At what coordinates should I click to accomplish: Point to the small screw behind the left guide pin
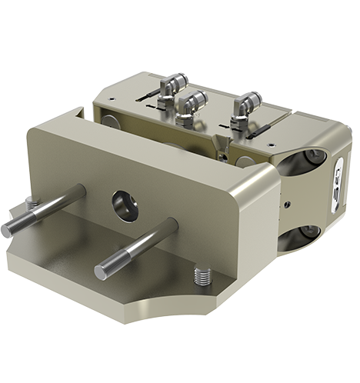[x=30, y=202]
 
